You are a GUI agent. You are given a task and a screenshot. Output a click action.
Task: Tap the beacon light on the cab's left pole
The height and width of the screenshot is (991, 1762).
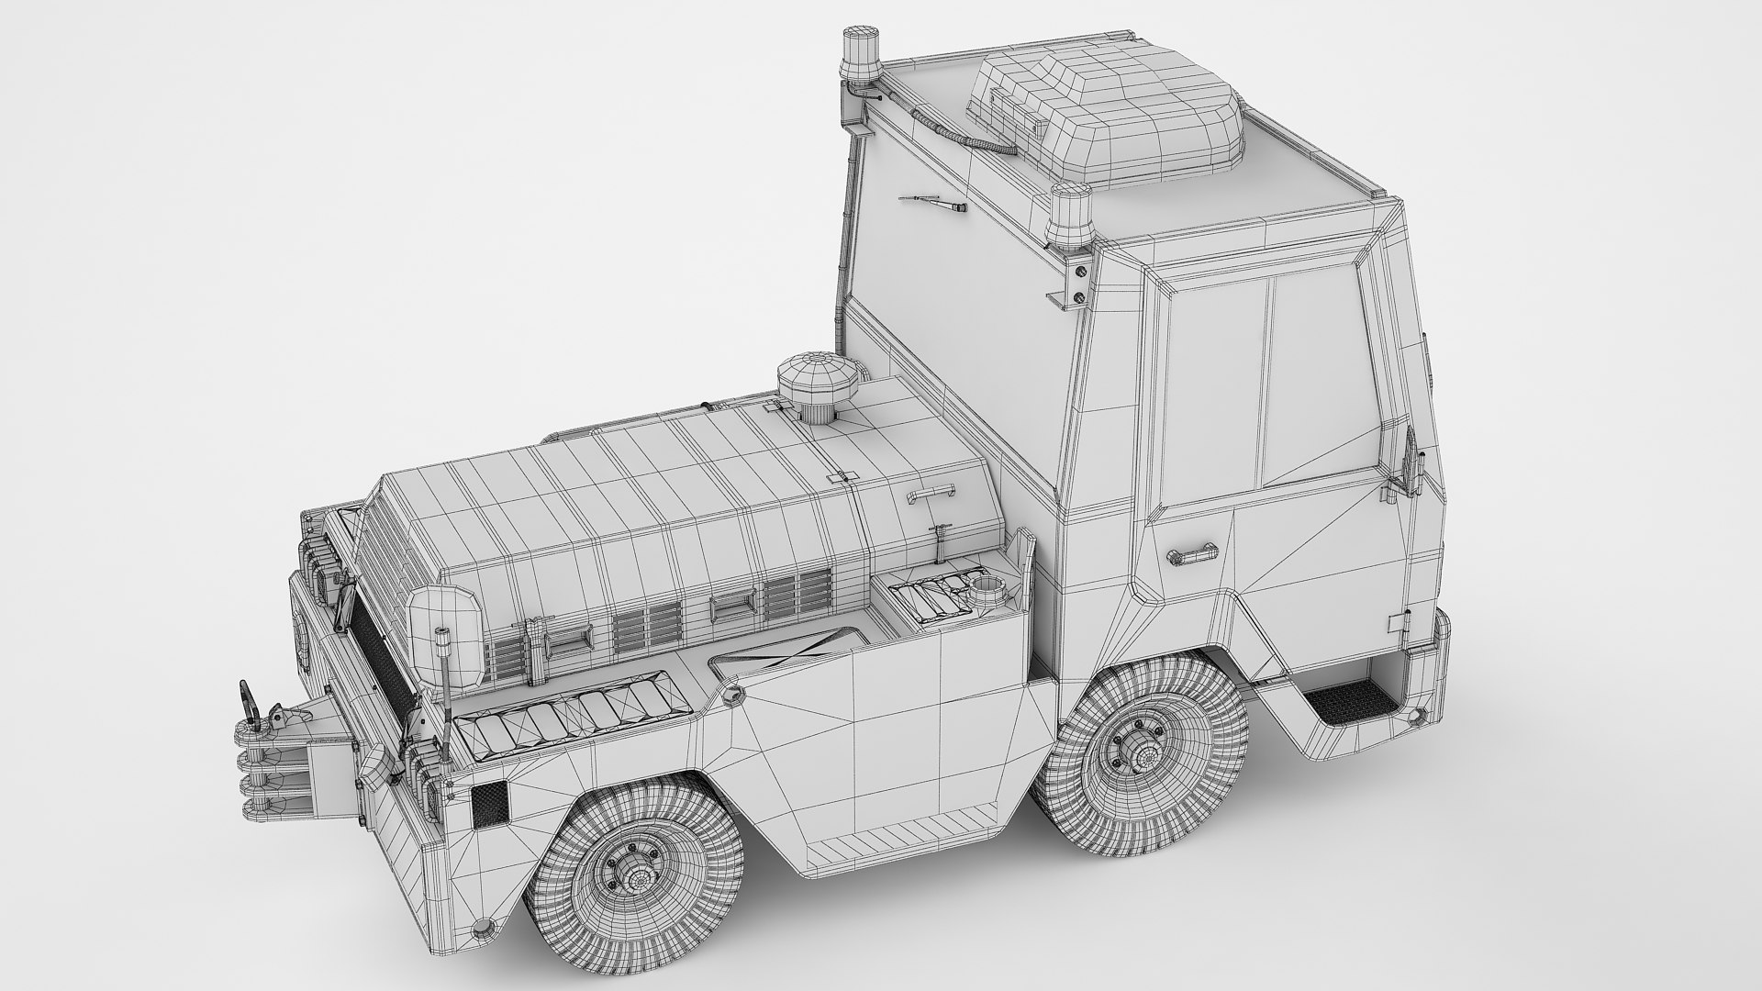(861, 57)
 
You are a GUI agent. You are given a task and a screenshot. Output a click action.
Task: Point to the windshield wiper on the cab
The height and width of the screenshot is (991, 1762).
(935, 203)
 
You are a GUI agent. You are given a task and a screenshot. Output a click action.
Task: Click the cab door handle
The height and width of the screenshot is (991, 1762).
(1191, 553)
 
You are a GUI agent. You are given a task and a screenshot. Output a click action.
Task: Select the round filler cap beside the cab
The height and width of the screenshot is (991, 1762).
(987, 586)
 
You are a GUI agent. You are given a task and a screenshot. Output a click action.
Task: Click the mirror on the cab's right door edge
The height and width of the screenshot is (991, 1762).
(1410, 463)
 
